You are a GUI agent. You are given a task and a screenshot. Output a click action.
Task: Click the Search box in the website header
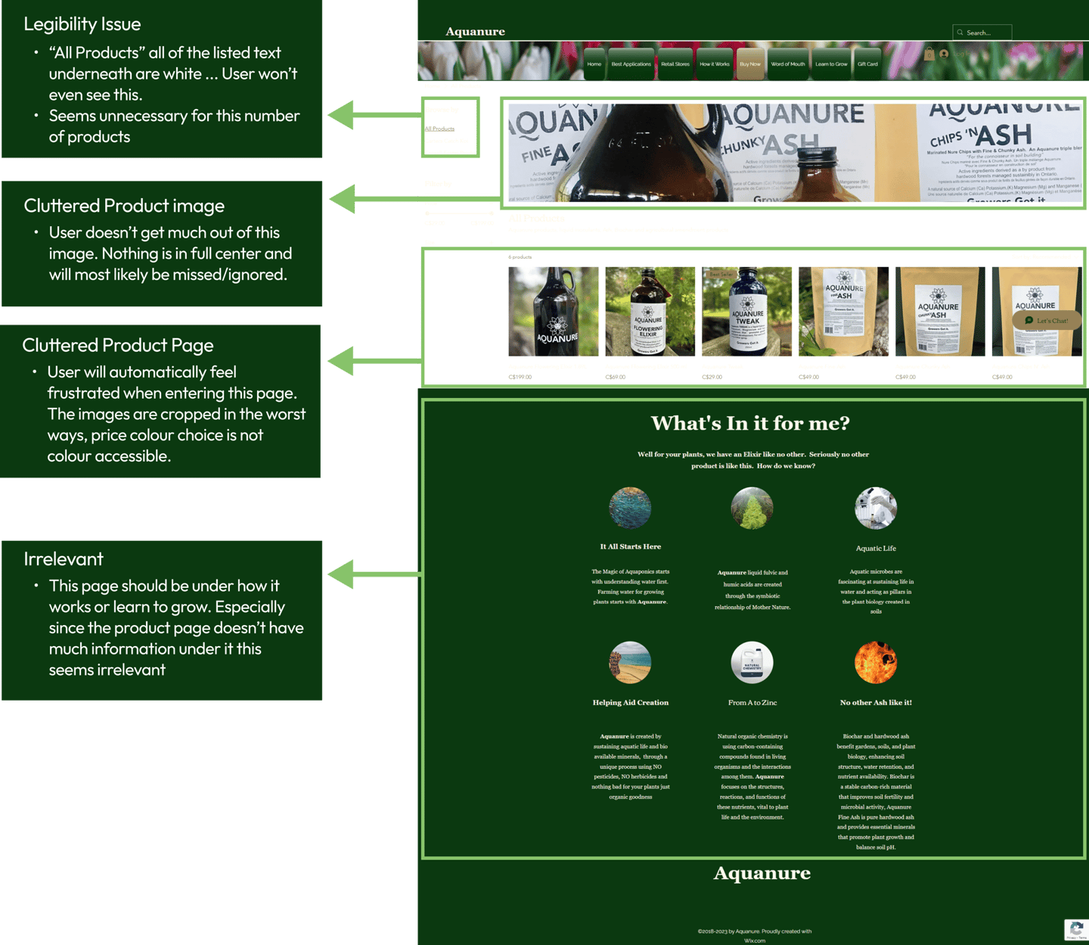982,33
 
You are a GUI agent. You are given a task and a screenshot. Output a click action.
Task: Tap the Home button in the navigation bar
594,64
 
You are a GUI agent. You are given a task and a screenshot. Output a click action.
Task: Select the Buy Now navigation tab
749,64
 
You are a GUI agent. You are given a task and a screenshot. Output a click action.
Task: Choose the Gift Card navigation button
867,64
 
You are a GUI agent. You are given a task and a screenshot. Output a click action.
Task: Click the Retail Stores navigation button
675,64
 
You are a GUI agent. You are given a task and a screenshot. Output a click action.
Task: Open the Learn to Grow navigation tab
831,64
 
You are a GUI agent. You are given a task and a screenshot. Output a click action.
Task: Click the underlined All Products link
439,129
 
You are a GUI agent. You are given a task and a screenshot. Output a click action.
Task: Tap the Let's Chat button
1047,321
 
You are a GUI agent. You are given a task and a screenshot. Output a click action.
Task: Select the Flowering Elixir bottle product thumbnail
650,311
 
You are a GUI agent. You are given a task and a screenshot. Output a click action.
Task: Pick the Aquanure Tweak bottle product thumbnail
746,311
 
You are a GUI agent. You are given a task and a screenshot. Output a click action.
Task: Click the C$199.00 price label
520,377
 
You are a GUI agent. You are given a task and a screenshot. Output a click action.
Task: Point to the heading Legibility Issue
82,24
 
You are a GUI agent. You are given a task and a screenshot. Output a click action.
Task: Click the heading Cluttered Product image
124,206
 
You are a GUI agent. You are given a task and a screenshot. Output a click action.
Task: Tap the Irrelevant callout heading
64,559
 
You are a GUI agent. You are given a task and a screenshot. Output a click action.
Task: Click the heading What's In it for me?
750,423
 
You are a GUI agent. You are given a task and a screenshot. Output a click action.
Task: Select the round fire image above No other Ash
875,662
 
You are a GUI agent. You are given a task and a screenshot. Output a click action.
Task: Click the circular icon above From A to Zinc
752,662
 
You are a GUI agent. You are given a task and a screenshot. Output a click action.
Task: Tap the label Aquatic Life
876,549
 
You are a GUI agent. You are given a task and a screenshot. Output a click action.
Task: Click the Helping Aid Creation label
631,703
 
